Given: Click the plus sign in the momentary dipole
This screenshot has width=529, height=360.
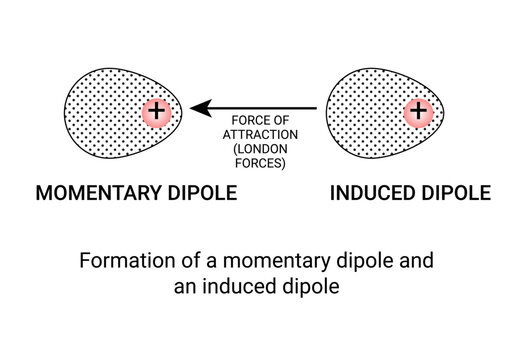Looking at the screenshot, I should click(156, 112).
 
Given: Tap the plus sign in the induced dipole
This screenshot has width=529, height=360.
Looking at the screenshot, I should click(418, 112).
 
